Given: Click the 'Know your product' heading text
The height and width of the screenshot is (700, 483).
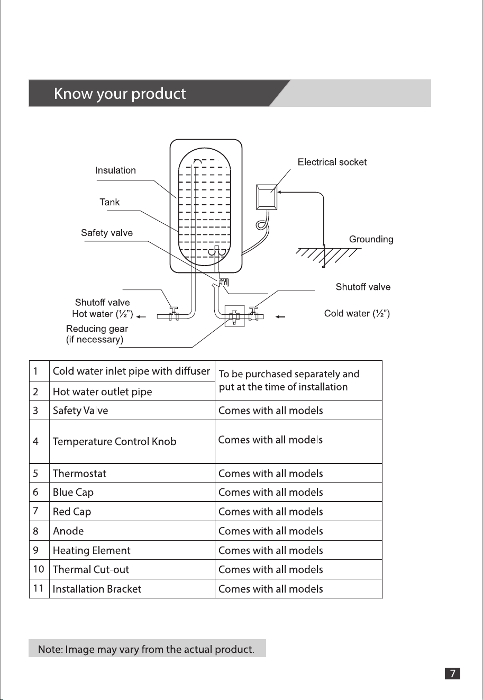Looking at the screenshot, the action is (120, 94).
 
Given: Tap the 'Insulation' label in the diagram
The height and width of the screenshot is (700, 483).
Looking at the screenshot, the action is (116, 170).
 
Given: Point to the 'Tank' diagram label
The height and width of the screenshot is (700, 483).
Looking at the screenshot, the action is (110, 202).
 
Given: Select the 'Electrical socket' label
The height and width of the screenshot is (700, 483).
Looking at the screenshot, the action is (332, 162).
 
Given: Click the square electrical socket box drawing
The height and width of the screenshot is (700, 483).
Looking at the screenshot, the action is (267, 197).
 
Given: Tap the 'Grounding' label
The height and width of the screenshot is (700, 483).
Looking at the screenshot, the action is (371, 239).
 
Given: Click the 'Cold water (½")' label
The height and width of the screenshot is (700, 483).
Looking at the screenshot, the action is (357, 313).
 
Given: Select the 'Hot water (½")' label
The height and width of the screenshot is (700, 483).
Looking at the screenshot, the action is (103, 314).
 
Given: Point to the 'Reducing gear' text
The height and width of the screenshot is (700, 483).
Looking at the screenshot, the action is (97, 329).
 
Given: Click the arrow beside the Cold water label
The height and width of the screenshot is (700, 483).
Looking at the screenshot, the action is (280, 317).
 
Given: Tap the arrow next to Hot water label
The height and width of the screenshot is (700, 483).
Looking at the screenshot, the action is (141, 317).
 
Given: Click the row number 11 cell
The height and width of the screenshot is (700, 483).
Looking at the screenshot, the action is (39, 588).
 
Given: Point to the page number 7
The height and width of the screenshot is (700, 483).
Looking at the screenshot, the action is (452, 673).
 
